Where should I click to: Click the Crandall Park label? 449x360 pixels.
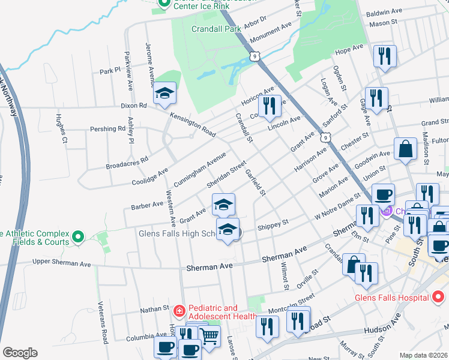tap(215, 28)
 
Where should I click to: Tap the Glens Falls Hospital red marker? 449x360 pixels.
tap(438, 297)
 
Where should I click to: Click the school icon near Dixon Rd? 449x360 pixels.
tap(164, 94)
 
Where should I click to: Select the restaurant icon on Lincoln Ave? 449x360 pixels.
tap(270, 106)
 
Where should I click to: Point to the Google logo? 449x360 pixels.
tap(19, 352)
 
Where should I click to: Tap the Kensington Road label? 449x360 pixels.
tap(192, 123)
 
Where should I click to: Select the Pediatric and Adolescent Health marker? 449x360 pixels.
tap(179, 311)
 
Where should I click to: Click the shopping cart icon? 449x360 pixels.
tap(209, 337)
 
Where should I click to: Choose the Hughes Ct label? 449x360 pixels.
tap(61, 128)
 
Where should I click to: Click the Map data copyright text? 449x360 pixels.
tap(424, 355)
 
